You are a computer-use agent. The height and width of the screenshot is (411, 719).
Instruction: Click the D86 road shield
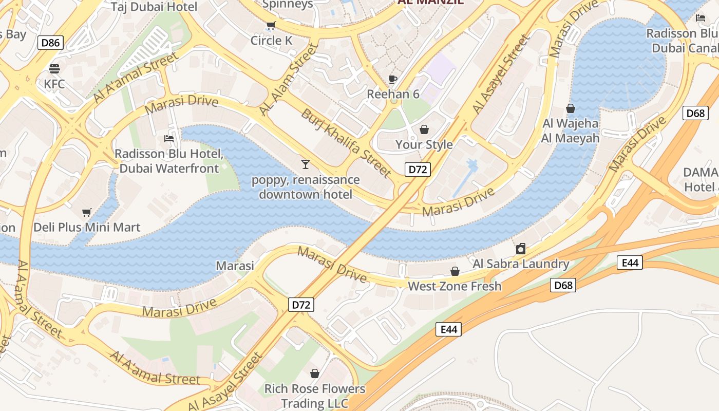[50, 43]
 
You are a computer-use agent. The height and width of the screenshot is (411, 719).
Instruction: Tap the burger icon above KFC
[54, 68]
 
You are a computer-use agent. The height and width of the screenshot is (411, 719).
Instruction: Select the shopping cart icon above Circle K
[271, 25]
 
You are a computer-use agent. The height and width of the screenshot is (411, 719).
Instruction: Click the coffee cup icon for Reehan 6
[393, 79]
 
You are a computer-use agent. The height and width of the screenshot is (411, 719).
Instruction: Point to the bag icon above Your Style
[424, 129]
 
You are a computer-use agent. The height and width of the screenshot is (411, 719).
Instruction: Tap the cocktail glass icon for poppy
[306, 164]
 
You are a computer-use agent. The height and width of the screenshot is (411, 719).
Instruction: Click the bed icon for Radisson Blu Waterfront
[168, 138]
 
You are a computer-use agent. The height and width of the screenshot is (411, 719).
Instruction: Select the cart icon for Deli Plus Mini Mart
[87, 212]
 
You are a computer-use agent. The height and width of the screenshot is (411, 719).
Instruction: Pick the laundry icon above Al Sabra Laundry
[521, 249]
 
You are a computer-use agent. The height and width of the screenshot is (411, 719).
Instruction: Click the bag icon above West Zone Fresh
[455, 271]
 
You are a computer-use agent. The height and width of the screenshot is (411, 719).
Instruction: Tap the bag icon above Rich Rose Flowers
[314, 373]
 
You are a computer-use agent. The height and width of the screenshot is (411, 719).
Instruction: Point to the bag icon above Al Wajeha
[570, 108]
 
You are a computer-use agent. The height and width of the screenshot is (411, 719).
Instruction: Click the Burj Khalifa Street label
[347, 142]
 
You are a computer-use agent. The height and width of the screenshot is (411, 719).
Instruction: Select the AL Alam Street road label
[289, 80]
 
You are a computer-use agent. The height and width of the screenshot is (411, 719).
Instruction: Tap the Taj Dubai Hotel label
[154, 7]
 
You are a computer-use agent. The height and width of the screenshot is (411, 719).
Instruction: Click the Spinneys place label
[288, 5]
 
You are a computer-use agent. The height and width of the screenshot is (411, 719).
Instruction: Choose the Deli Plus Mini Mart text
[87, 227]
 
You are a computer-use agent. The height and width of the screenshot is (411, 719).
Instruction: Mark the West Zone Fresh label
[455, 286]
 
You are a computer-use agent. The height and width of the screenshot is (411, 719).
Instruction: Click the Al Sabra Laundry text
[521, 264]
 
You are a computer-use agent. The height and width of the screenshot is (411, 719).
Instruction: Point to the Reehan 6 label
[393, 94]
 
